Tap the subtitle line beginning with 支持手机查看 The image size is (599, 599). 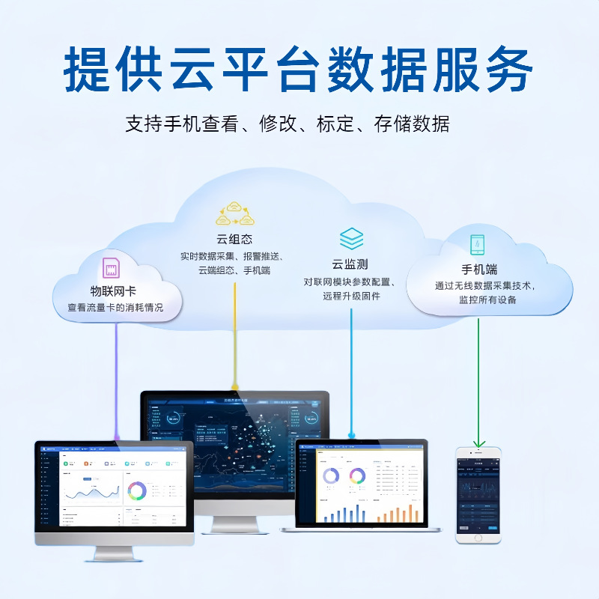[288, 124]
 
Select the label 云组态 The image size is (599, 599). [234, 240]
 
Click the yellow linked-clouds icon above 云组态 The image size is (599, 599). [235, 213]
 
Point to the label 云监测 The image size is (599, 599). [350, 264]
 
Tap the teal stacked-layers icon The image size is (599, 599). [351, 239]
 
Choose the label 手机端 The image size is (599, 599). [479, 270]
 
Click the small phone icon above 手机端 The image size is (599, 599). [477, 245]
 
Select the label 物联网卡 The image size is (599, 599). [113, 291]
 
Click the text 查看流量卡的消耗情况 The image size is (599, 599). [115, 308]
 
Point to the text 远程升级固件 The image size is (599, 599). [351, 297]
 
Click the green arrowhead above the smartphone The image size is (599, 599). [479, 443]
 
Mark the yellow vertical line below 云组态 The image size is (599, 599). [235, 337]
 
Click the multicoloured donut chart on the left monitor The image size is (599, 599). [136, 491]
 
